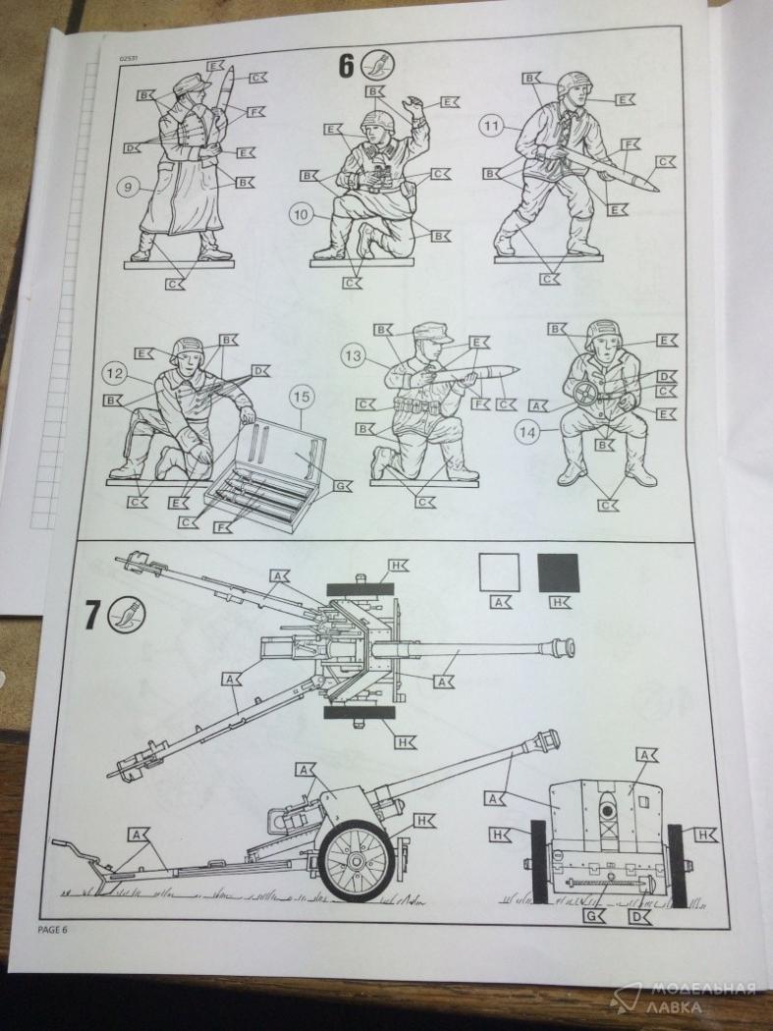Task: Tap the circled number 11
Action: pyautogui.click(x=491, y=126)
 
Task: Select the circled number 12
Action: pyautogui.click(x=116, y=373)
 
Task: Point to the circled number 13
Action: pyautogui.click(x=354, y=355)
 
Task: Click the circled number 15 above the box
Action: pyautogui.click(x=302, y=397)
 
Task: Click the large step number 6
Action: pyautogui.click(x=347, y=67)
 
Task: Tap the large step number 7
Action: pyautogui.click(x=90, y=617)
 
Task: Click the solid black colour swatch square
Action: pyautogui.click(x=558, y=572)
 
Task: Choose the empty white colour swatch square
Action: pyautogui.click(x=499, y=572)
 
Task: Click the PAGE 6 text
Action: pyautogui.click(x=55, y=929)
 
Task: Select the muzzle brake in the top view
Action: pyautogui.click(x=559, y=648)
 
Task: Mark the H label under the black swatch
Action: pyautogui.click(x=558, y=602)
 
